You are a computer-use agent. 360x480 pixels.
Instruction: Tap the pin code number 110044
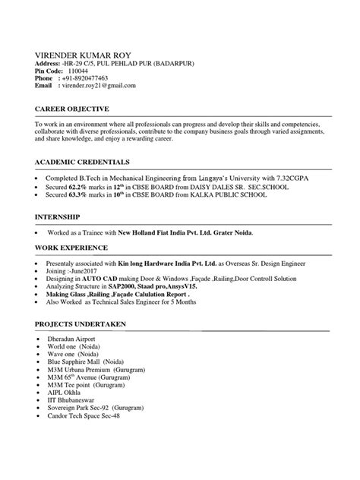point(78,71)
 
